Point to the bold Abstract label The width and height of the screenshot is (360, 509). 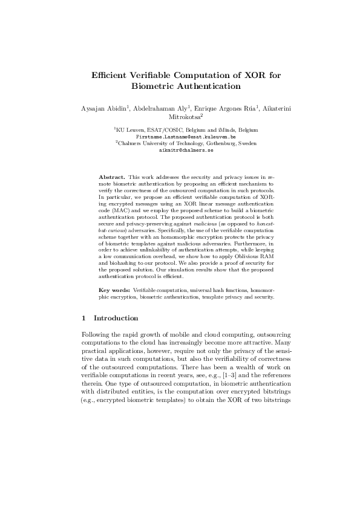tap(113, 177)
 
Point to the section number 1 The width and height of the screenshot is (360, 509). tap(83, 318)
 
